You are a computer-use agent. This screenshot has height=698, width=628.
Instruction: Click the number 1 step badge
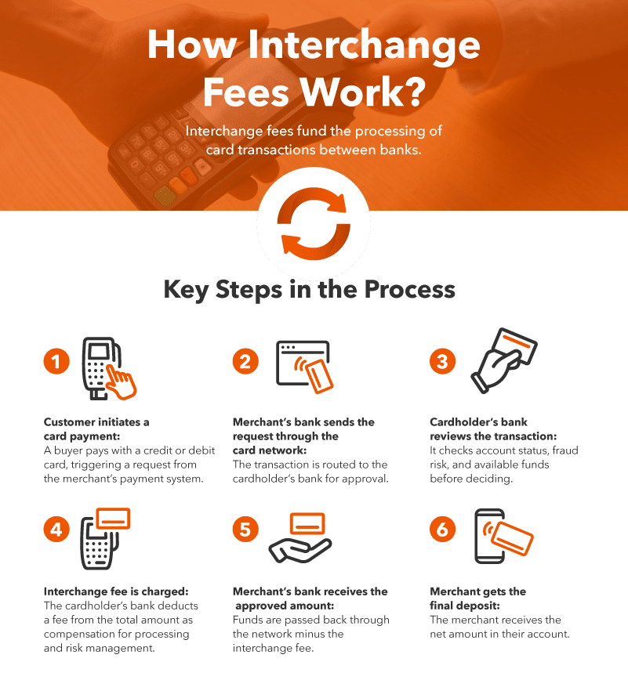point(56,361)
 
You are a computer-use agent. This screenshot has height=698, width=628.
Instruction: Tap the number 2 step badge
point(245,361)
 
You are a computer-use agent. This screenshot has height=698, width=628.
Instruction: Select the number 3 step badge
point(443,361)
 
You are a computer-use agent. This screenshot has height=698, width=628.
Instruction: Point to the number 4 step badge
point(56,530)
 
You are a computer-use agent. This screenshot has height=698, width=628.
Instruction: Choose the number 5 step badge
point(245,530)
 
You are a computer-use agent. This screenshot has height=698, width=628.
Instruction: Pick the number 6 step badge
point(443,530)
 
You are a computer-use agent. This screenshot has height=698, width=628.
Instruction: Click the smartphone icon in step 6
point(491,536)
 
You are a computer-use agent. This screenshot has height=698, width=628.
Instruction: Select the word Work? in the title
point(366,92)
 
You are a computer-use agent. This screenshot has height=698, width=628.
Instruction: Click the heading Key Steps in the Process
point(309,289)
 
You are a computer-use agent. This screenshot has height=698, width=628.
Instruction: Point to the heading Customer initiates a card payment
point(96,429)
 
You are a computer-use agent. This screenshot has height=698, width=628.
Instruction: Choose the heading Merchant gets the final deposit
point(477,598)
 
